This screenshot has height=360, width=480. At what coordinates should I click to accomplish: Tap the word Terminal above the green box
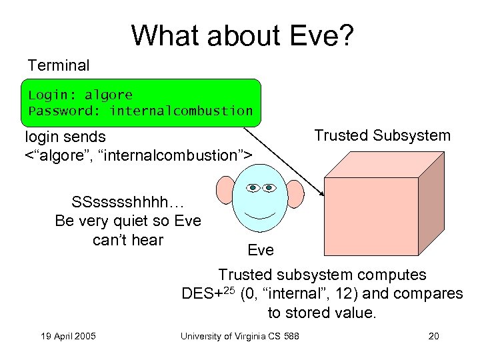(x=59, y=65)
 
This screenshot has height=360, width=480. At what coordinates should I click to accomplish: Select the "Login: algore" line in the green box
(x=81, y=95)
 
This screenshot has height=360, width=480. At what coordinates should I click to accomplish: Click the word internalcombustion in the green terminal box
(x=181, y=111)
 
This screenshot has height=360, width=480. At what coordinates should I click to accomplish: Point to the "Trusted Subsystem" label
(x=382, y=136)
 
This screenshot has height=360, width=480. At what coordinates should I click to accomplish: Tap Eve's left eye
(x=253, y=188)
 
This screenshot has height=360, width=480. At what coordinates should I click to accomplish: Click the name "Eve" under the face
(x=260, y=250)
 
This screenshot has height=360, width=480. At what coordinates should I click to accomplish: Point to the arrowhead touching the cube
(x=321, y=193)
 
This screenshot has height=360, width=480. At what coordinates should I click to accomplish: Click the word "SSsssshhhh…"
(x=128, y=202)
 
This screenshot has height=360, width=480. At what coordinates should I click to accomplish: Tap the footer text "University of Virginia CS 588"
(x=239, y=335)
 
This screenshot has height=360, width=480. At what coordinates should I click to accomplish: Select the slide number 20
(x=433, y=335)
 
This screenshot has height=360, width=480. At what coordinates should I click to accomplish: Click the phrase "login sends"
(x=65, y=137)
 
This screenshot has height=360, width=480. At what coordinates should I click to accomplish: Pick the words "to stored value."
(x=322, y=312)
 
